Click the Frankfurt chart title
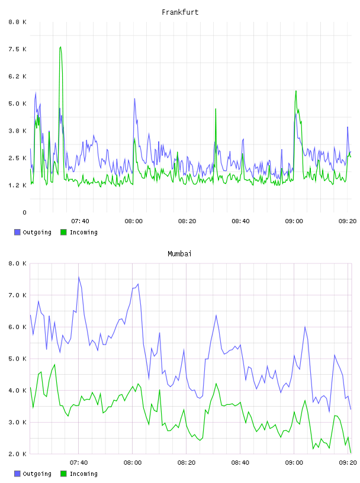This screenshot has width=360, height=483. click(180, 12)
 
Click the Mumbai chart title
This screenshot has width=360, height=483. click(179, 254)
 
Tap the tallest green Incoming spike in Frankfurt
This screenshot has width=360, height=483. click(60, 47)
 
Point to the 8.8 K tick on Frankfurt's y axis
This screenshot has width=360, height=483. click(17, 22)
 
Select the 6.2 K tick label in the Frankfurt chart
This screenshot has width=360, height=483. click(17, 76)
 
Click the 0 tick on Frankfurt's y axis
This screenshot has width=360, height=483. click(24, 212)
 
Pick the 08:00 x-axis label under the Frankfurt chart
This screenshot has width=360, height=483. click(133, 221)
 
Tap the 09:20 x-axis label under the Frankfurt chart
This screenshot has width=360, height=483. click(348, 221)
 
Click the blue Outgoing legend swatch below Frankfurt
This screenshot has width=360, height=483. click(17, 232)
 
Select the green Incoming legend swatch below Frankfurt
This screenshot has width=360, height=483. click(63, 232)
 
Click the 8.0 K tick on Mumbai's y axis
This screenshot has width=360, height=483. click(17, 263)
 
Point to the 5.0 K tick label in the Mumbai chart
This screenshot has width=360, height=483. click(17, 359)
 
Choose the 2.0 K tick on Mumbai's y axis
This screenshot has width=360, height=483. click(17, 454)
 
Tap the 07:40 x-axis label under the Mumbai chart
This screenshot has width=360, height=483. click(79, 463)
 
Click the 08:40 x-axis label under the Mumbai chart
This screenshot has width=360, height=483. click(240, 463)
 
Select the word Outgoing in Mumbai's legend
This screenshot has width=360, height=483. click(37, 474)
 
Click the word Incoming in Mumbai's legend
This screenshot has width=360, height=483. click(83, 474)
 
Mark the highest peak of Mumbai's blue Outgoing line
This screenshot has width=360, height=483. click(79, 277)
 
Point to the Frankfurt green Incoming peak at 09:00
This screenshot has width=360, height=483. click(296, 92)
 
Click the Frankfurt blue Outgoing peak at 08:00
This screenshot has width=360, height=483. click(134, 99)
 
